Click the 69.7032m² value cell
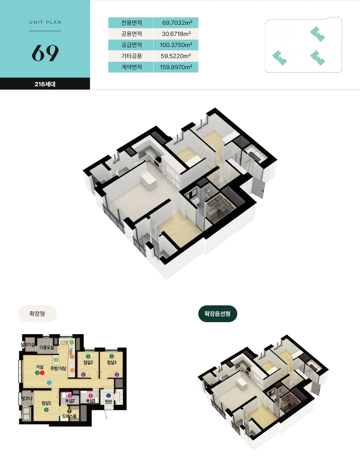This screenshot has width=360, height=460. point(176,23)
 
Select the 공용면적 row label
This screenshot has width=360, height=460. point(132,34)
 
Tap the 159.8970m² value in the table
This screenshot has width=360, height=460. point(176,67)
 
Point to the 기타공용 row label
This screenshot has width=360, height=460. point(132,56)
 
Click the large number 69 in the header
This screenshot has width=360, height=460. point(45,53)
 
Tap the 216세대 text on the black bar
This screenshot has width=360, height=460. point(45,84)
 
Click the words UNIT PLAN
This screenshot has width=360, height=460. point(45,22)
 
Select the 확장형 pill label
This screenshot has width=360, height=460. point(37,313)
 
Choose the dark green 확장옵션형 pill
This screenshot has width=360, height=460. point(217,313)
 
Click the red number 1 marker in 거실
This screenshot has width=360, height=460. point(42,373)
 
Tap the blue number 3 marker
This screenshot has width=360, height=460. point(49,382)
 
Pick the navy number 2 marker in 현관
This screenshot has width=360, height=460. point(109,396)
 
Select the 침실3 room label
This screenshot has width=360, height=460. point(112,362)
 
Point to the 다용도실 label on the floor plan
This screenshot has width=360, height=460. point(46,347)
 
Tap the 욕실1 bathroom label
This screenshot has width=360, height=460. point(91,401)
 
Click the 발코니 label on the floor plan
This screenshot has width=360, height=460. point(27,398)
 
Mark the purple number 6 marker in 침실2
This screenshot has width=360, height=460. point(83,375)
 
